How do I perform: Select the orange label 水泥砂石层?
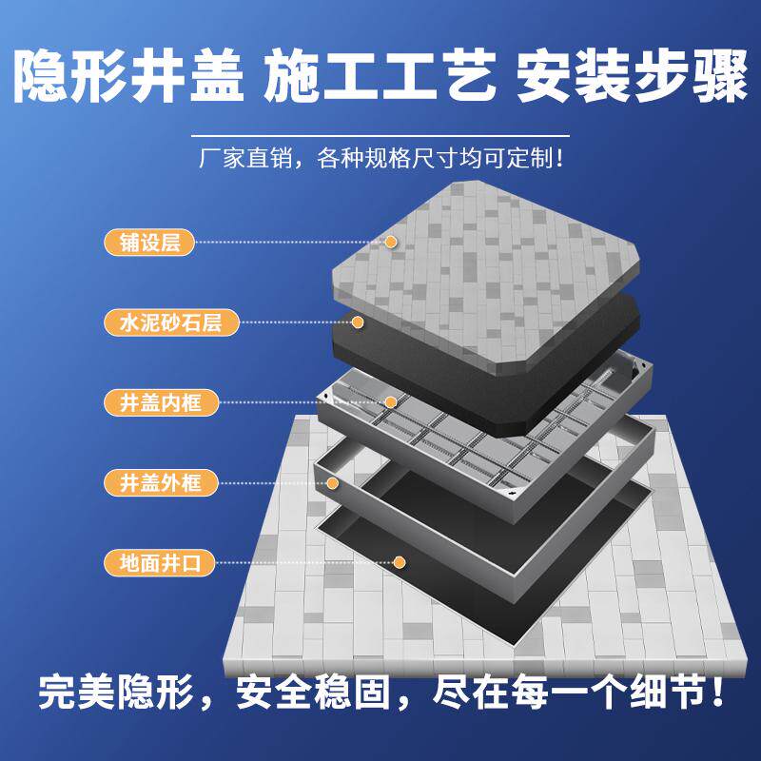click(163, 322)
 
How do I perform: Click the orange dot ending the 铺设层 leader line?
click(390, 242)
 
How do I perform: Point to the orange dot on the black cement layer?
click(359, 322)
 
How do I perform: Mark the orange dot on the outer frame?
click(334, 482)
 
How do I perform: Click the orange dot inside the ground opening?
click(400, 562)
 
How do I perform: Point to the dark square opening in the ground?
click(447, 580)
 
